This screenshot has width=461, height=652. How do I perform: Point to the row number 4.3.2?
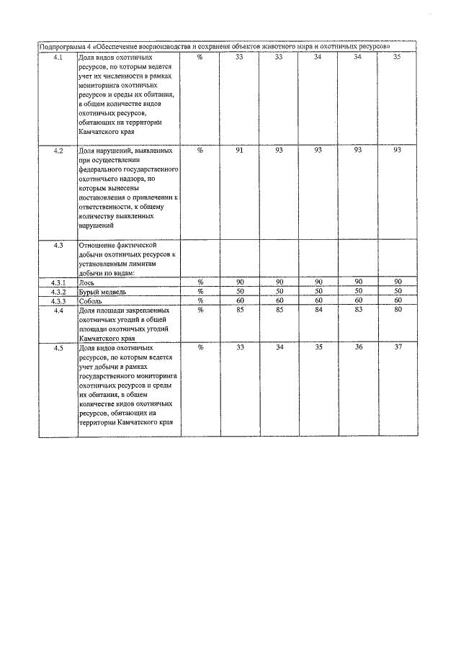pyautogui.click(x=58, y=291)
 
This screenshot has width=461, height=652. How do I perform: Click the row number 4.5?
pyautogui.click(x=58, y=347)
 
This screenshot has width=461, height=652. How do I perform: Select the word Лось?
pyautogui.click(x=86, y=282)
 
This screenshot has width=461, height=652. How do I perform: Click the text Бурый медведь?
pyautogui.click(x=102, y=292)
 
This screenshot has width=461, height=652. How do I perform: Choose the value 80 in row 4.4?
pyautogui.click(x=397, y=310)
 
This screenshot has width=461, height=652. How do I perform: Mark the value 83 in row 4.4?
pyautogui.click(x=358, y=310)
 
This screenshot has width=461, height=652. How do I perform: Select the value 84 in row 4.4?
pyautogui.click(x=318, y=310)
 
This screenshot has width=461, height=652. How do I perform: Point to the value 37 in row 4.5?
pyautogui.click(x=397, y=347)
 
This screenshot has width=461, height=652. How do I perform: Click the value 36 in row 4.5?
pyautogui.click(x=358, y=347)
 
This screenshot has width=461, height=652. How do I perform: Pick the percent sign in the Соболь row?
pyautogui.click(x=200, y=300)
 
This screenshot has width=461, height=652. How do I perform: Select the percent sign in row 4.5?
pyautogui.click(x=200, y=347)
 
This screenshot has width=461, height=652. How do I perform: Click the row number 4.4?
pyautogui.click(x=58, y=310)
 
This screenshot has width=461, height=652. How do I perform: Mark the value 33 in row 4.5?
pyautogui.click(x=240, y=347)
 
